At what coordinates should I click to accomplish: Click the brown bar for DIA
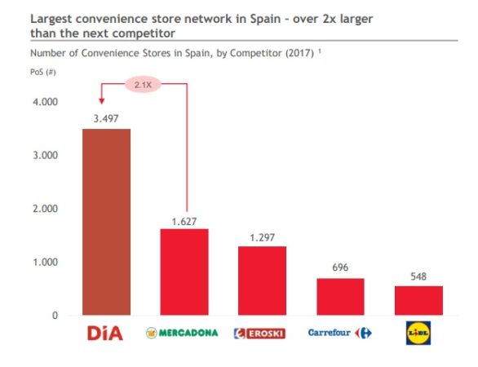[x=106, y=222]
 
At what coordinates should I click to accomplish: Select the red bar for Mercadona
[x=184, y=272]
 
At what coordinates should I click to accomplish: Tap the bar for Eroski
[x=262, y=281]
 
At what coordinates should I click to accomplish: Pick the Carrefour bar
[x=340, y=296]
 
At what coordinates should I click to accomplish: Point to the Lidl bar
[x=418, y=300]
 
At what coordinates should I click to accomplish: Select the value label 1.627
[x=184, y=219]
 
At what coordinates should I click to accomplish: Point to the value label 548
[x=418, y=276]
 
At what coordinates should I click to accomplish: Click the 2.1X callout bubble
[x=144, y=83]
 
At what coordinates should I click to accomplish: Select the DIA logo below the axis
[x=105, y=333]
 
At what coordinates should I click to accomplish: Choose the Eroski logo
[x=262, y=333]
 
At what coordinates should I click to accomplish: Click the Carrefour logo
[x=340, y=333]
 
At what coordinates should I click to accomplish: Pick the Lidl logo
[x=418, y=333]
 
